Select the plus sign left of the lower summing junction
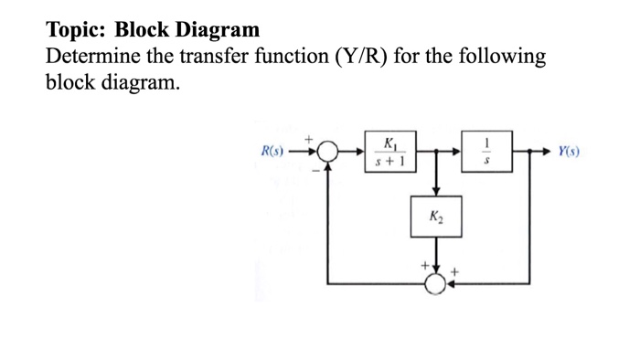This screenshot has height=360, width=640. [x=423, y=268]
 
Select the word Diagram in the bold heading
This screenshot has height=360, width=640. [x=216, y=30]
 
